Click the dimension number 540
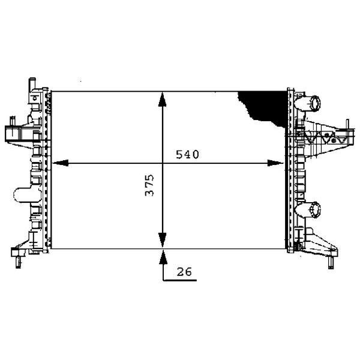click(187, 155)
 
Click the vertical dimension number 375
click(152, 186)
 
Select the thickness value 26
click(184, 272)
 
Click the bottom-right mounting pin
click(329, 262)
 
